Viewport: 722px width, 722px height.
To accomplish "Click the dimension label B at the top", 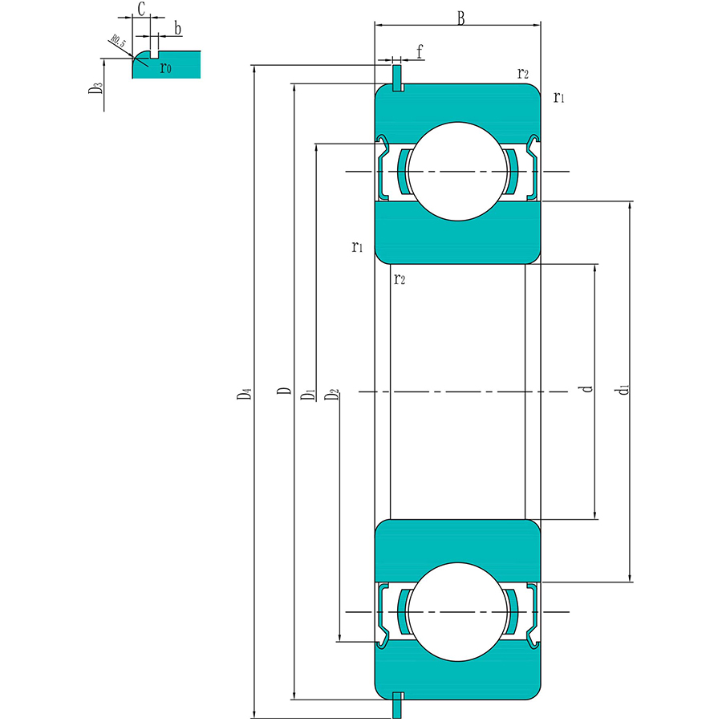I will [460, 18].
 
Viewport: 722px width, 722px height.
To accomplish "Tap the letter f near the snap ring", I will [420, 53].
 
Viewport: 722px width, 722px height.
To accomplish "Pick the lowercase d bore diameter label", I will [588, 389].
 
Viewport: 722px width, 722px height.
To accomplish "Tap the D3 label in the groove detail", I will [95, 87].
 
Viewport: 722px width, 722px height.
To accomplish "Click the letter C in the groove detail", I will [140, 10].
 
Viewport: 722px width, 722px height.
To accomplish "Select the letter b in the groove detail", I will [177, 30].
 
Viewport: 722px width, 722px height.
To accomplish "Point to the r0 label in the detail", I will [165, 68].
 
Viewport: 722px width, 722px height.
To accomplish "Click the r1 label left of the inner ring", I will [357, 246].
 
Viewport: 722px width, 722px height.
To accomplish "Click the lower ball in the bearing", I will [458, 612].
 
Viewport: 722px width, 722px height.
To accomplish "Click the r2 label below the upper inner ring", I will [399, 278].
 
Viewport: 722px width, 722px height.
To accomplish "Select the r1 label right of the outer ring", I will [559, 98].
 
